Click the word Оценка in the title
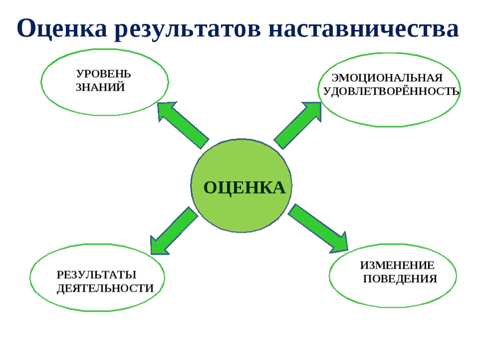pos(62,28)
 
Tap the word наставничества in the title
pos(364,28)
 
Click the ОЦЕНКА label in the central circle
pos(244,187)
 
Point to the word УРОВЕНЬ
pos(104,74)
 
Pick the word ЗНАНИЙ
pos(100,87)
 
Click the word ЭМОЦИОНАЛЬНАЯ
pos(387,78)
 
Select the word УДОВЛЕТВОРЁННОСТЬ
pos(392,91)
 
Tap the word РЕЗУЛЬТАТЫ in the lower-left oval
pos(97,275)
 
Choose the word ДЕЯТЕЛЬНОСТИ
pos(105,288)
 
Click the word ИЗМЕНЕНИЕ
pos(397,265)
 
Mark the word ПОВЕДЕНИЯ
pos(400,279)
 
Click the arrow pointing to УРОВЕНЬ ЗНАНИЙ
pos(183,125)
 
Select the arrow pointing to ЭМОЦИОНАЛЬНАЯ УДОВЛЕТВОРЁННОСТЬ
pos(297,125)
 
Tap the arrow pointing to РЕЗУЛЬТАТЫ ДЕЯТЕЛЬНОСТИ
pos(174,231)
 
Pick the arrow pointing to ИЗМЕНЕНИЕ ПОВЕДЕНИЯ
pos(318,229)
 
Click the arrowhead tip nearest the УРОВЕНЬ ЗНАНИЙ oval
pos(157,103)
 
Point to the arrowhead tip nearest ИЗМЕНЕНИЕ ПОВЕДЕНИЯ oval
pos(348,250)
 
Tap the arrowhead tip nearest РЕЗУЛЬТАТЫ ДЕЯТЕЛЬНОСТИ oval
pos(151,254)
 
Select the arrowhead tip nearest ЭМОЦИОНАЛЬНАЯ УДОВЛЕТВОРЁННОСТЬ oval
pos(321,102)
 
